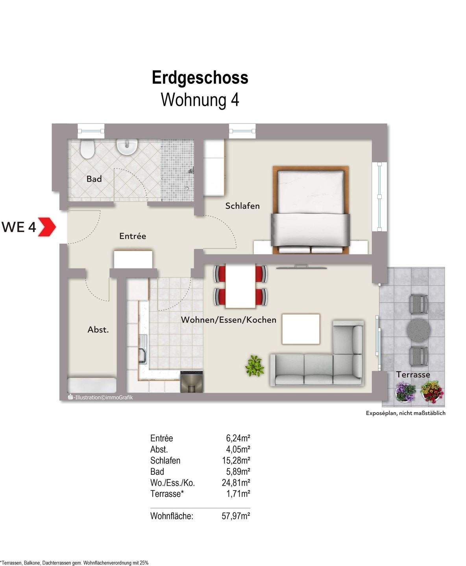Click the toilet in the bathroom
(87, 149)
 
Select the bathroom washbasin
(127, 147)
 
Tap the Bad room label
(94, 179)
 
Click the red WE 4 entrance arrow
(47, 227)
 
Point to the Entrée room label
(133, 236)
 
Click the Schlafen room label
(242, 206)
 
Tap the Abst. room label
(98, 330)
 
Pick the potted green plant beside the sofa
(254, 366)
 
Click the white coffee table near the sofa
(301, 329)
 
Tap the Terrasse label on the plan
(413, 374)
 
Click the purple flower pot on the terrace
(405, 392)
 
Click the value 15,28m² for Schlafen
(236, 460)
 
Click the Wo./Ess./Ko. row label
(172, 483)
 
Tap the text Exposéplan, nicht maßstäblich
(405, 413)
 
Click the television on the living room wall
(301, 268)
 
